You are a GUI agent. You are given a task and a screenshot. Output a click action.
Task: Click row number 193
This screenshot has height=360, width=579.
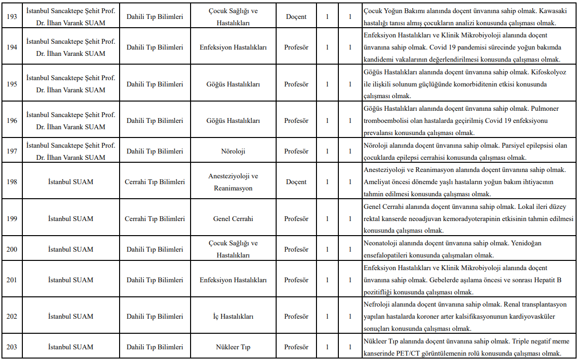(11, 17)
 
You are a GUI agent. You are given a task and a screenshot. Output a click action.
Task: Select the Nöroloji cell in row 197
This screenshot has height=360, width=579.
(233, 151)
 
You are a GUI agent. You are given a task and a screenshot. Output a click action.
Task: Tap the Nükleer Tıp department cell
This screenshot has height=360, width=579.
(233, 347)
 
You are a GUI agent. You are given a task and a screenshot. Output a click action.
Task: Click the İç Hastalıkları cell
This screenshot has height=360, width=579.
(233, 316)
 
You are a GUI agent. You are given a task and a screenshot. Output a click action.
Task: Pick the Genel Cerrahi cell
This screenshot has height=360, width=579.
(233, 219)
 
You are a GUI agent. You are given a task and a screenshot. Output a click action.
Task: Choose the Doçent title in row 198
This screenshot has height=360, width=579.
(296, 182)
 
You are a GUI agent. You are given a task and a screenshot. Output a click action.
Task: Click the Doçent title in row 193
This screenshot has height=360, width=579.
(296, 17)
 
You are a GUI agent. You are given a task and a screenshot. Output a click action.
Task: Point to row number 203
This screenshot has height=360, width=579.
(11, 347)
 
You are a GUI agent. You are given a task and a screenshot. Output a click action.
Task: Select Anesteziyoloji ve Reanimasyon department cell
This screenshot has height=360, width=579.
(233, 182)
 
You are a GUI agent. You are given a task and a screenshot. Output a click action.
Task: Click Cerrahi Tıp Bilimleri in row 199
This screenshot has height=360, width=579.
(155, 219)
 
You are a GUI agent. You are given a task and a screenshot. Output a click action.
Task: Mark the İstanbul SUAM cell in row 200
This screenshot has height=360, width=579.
(70, 249)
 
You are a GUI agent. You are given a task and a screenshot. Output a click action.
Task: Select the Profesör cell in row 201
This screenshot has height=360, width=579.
(296, 280)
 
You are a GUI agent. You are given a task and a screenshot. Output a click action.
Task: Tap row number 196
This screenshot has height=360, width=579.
(11, 120)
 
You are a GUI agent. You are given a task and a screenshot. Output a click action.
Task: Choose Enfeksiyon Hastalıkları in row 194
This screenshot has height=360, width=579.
(233, 47)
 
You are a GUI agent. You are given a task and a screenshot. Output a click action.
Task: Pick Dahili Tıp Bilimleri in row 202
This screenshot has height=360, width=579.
(155, 316)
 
